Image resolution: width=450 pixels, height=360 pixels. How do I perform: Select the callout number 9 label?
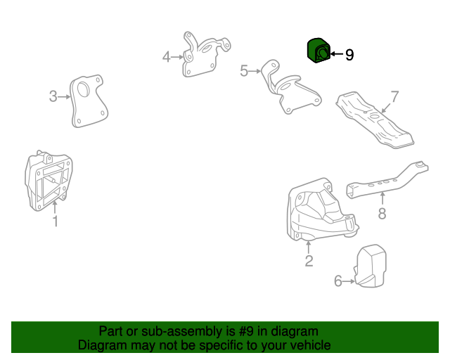click(349, 54)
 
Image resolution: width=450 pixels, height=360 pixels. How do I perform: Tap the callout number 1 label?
click(55, 222)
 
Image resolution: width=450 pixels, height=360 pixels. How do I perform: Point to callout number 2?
click(309, 262)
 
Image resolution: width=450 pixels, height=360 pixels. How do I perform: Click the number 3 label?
click(53, 96)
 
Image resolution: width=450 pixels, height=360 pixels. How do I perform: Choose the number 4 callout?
click(167, 56)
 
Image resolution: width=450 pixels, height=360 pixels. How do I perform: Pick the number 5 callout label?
click(244, 70)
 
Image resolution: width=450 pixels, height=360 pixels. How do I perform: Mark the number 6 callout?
click(338, 282)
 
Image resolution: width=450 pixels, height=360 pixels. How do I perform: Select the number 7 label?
click(394, 96)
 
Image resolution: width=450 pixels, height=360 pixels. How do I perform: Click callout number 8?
click(382, 213)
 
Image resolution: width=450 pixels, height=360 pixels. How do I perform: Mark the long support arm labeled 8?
click(387, 181)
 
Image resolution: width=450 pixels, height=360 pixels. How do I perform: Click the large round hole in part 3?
click(83, 89)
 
